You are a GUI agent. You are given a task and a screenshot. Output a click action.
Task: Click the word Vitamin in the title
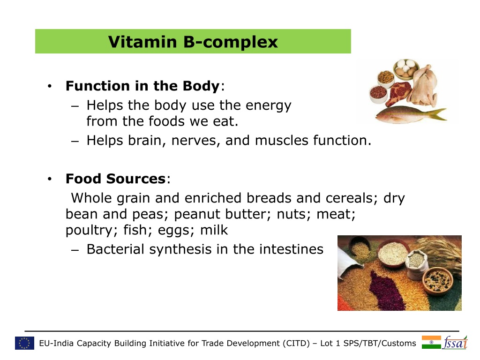pos(142,42)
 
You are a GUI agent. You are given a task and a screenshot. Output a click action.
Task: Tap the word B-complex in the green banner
pos(231,42)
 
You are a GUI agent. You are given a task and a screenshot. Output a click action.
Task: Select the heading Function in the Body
pos(142,86)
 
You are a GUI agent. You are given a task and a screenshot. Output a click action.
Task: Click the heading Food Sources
pos(115,179)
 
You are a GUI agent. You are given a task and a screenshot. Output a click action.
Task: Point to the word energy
pos(268,106)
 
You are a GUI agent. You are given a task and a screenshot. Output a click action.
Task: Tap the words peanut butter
pos(223,214)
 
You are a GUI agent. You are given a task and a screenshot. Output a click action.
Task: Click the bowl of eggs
pos(406,68)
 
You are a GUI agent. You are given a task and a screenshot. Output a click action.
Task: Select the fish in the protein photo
pos(411,114)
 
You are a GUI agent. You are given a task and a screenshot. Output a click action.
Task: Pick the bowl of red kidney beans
pos(378,93)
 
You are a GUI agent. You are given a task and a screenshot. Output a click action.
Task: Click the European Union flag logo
pos(24,343)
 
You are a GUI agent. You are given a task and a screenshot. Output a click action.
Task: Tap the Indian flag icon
pos(431,342)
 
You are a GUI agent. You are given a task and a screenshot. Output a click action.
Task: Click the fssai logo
pos(455,342)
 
